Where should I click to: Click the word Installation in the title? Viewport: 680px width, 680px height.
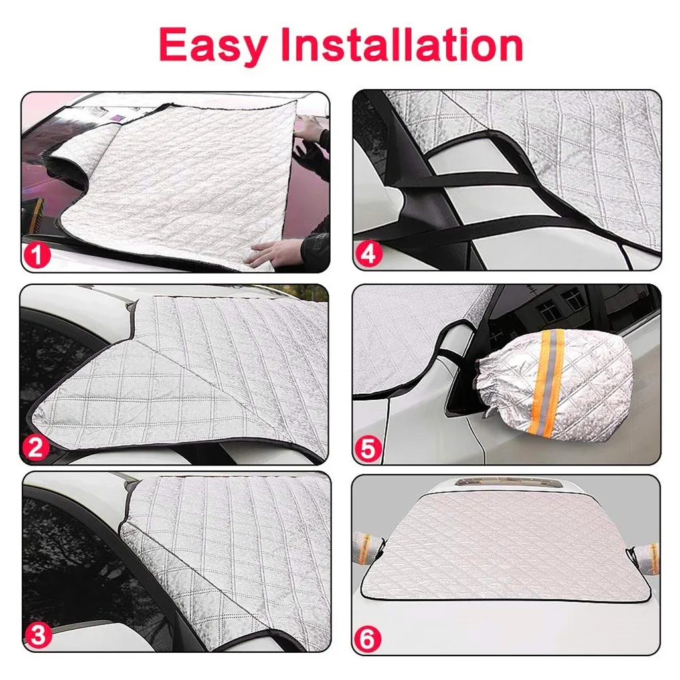coord(402,44)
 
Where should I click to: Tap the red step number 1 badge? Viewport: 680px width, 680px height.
coord(37,254)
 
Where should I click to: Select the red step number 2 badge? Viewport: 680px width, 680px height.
coord(36,448)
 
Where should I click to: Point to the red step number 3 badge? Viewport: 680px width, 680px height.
coord(39,636)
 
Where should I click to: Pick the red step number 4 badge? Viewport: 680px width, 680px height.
coord(368,254)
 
